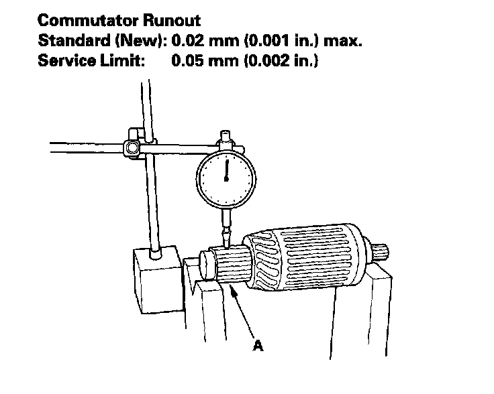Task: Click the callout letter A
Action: pos(258,346)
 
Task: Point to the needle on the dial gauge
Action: pos(227,170)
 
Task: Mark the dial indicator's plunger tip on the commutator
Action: pos(226,245)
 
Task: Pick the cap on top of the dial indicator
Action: pos(226,141)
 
